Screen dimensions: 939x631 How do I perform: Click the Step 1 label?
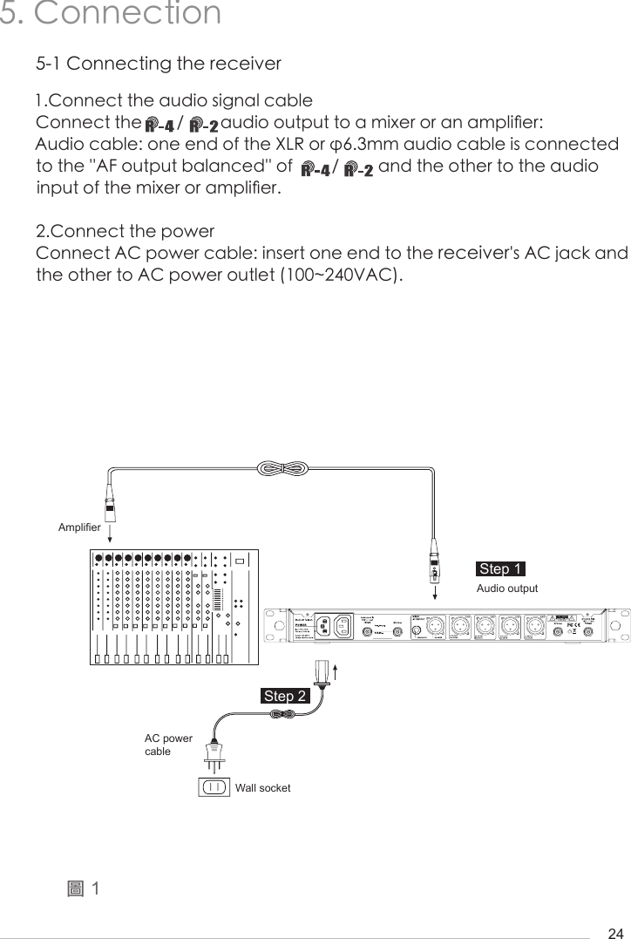(x=500, y=569)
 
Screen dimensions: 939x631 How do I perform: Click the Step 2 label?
(x=285, y=696)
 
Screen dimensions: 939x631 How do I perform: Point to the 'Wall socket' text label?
(x=262, y=788)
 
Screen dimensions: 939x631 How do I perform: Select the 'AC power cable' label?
(x=168, y=745)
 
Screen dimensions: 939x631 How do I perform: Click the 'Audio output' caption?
(x=507, y=589)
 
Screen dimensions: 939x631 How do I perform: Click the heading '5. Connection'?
(x=111, y=14)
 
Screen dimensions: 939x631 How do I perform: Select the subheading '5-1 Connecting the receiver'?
(x=158, y=65)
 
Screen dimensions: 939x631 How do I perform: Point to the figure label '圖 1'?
(x=84, y=888)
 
